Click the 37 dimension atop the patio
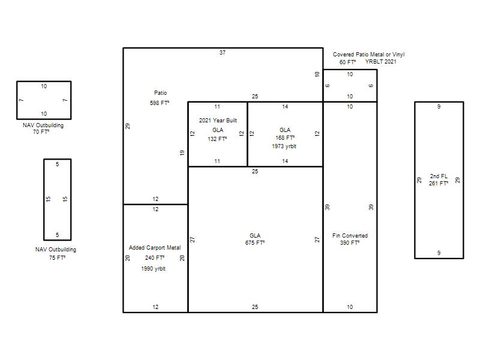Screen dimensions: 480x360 click(x=223, y=53)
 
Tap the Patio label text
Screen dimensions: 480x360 click(x=160, y=93)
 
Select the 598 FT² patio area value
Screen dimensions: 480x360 click(x=160, y=103)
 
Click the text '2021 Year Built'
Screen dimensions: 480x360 click(x=218, y=121)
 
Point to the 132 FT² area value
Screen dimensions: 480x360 click(x=217, y=139)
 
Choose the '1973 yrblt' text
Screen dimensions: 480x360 click(x=284, y=146)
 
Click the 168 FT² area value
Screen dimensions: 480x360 click(x=285, y=138)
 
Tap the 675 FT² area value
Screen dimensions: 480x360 click(x=255, y=243)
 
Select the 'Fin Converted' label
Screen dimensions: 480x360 click(x=350, y=236)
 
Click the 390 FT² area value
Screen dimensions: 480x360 click(x=350, y=243)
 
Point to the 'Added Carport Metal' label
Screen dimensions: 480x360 click(x=155, y=248)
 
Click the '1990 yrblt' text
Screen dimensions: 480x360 click(x=154, y=269)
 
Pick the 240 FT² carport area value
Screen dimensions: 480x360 click(x=155, y=258)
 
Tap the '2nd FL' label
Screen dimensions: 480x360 click(x=439, y=176)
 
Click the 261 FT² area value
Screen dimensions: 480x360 click(x=439, y=184)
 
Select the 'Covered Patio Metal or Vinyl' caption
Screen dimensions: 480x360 click(x=368, y=55)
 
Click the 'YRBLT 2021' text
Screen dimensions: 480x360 click(x=381, y=62)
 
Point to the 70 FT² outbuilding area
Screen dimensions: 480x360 click(x=41, y=132)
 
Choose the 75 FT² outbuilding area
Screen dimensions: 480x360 click(x=57, y=258)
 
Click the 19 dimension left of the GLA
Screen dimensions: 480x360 click(x=182, y=152)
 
